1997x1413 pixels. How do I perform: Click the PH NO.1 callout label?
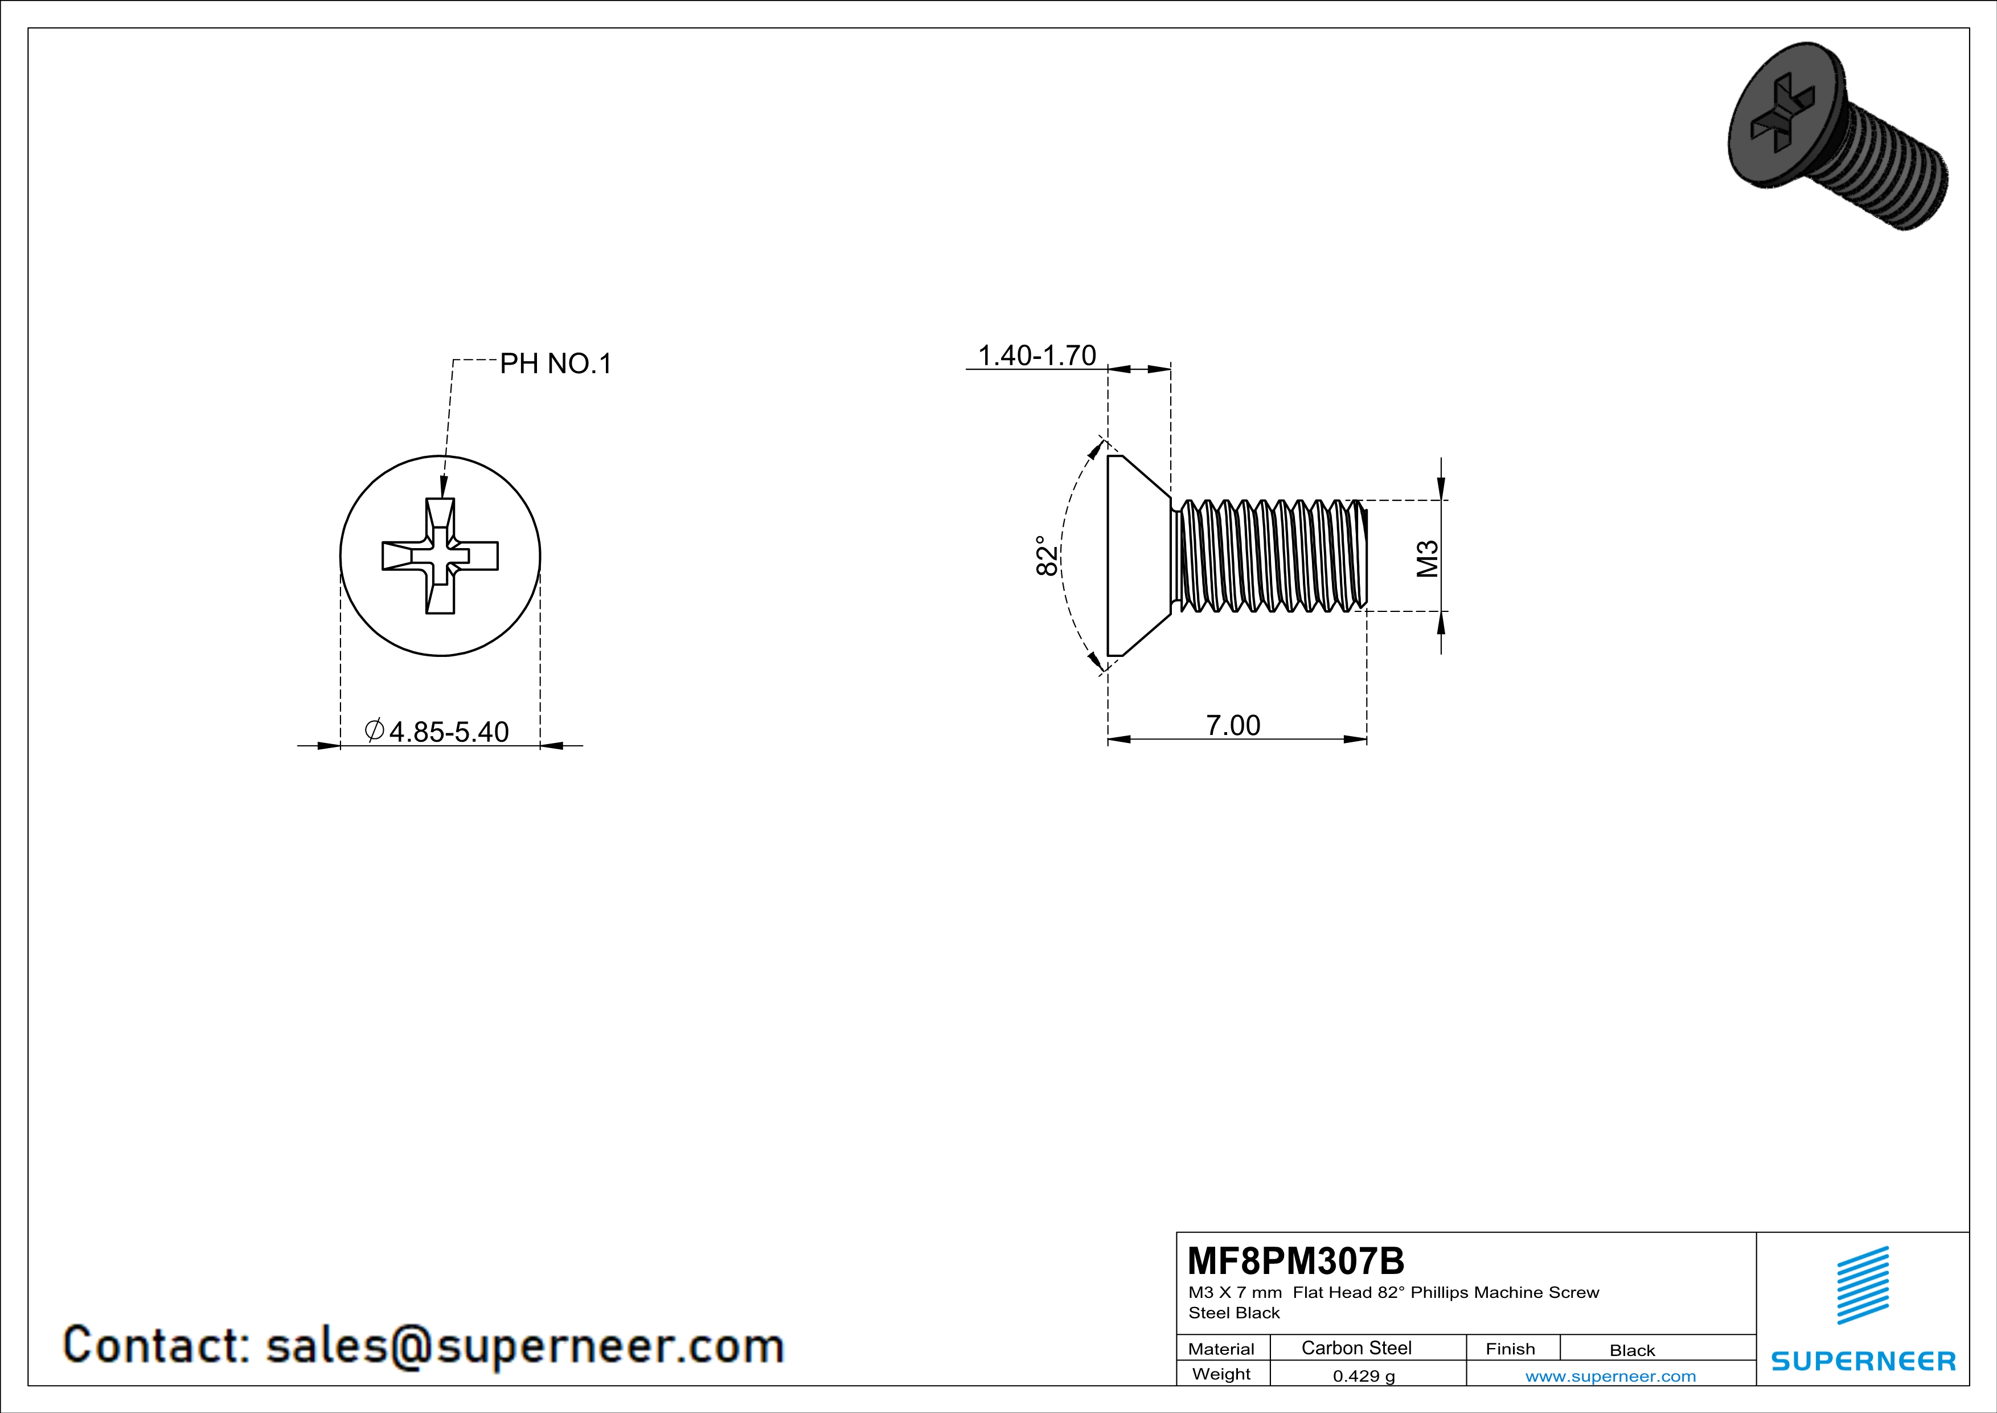[555, 364]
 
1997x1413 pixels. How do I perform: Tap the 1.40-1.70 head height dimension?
[1037, 355]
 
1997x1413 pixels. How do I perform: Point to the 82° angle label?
[1047, 555]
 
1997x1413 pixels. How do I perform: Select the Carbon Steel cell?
[1356, 1347]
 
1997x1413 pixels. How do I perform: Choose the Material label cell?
[1221, 1349]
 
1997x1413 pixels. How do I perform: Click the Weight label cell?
[1221, 1374]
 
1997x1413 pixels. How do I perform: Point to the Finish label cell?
[1510, 1349]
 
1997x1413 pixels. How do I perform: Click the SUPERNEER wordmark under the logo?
[1863, 1361]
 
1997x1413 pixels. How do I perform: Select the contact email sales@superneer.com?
[524, 1345]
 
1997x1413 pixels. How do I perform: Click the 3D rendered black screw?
[1835, 135]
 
